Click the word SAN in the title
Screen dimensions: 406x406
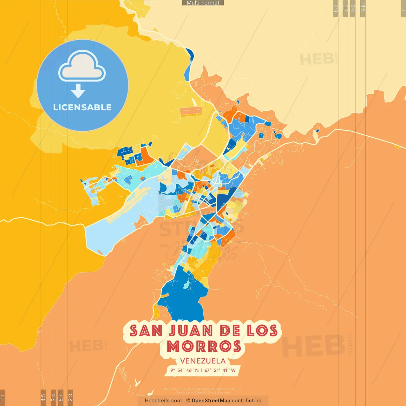pyautogui.click(x=146, y=331)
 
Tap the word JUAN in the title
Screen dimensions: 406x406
pyautogui.click(x=191, y=331)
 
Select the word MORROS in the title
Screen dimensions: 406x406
pyautogui.click(x=204, y=346)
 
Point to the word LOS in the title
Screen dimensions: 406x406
pyautogui.click(x=262, y=331)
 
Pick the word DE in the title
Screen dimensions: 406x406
pyautogui.click(x=230, y=331)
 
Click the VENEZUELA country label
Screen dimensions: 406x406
pyautogui.click(x=203, y=361)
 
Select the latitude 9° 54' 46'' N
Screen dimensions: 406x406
pyautogui.click(x=185, y=370)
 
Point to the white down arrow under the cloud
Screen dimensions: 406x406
pyautogui.click(x=78, y=91)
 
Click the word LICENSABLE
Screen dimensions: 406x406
pyautogui.click(x=82, y=107)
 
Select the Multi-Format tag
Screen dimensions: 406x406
pyautogui.click(x=203, y=3)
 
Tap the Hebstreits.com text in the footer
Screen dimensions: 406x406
pyautogui.click(x=163, y=401)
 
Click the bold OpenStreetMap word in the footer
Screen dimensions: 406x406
pyautogui.click(x=211, y=401)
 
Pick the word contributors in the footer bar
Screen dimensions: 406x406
pyautogui.click(x=246, y=401)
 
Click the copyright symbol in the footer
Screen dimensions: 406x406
pyautogui.click(x=188, y=401)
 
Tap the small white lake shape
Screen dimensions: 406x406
pyautogui.click(x=137, y=382)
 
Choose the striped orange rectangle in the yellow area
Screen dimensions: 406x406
pyautogui.click(x=191, y=111)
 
